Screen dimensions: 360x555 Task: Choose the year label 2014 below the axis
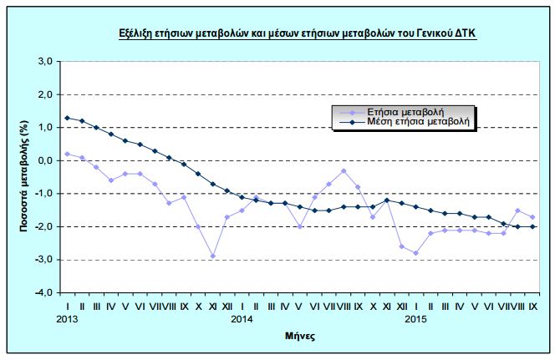pos(242,319)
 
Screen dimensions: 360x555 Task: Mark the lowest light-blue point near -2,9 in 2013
pos(212,256)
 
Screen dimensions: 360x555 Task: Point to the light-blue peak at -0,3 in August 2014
pos(344,170)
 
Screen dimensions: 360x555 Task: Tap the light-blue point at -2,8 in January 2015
pos(415,253)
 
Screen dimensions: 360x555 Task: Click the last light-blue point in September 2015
pos(532,217)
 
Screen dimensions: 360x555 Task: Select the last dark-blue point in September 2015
pos(532,226)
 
